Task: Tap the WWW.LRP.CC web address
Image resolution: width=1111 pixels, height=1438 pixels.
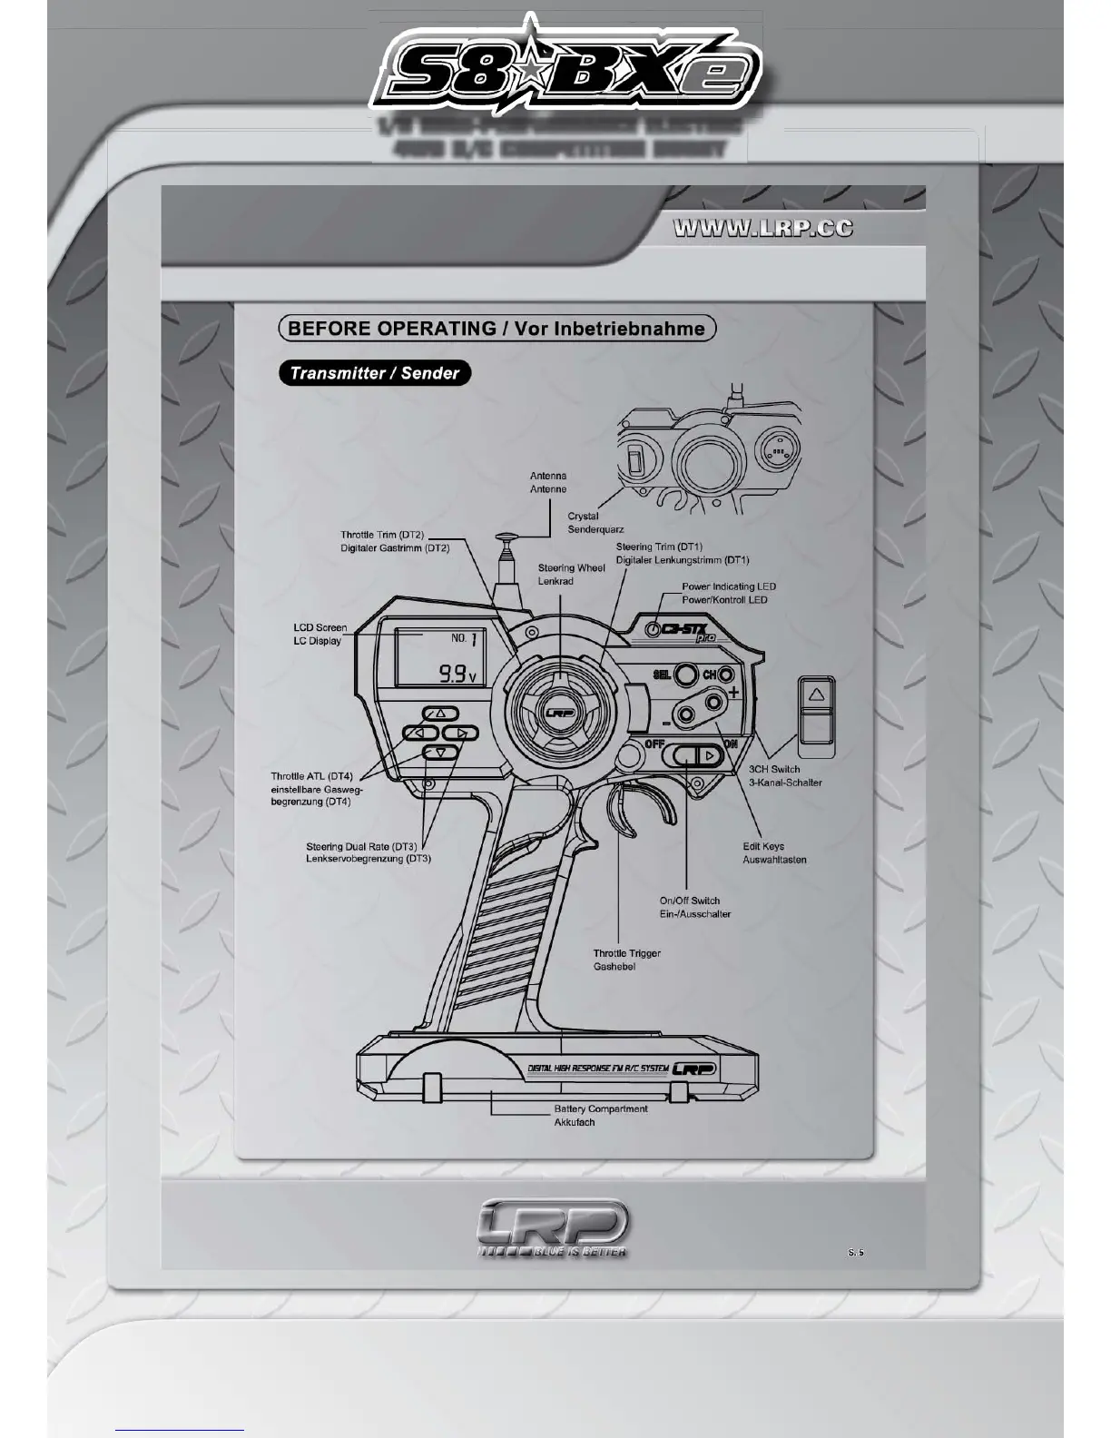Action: (763, 228)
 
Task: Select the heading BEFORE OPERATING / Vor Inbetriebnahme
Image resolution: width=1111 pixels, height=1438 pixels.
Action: (497, 328)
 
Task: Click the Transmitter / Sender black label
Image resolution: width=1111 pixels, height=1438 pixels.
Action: (375, 372)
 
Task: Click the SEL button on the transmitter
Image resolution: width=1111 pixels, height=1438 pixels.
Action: (686, 675)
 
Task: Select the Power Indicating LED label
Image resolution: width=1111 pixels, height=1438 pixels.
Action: (729, 593)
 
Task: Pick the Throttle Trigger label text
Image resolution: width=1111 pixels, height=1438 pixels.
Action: (626, 960)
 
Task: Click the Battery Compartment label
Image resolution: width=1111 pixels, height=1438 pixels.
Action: (600, 1115)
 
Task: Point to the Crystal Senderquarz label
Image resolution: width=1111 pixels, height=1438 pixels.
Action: (595, 522)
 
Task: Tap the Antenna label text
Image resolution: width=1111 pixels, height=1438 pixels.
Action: (548, 482)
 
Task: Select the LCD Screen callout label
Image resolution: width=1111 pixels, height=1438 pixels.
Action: (320, 634)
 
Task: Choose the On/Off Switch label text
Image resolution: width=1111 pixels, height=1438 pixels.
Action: (694, 907)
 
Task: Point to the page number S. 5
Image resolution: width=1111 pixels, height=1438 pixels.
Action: (856, 1252)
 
